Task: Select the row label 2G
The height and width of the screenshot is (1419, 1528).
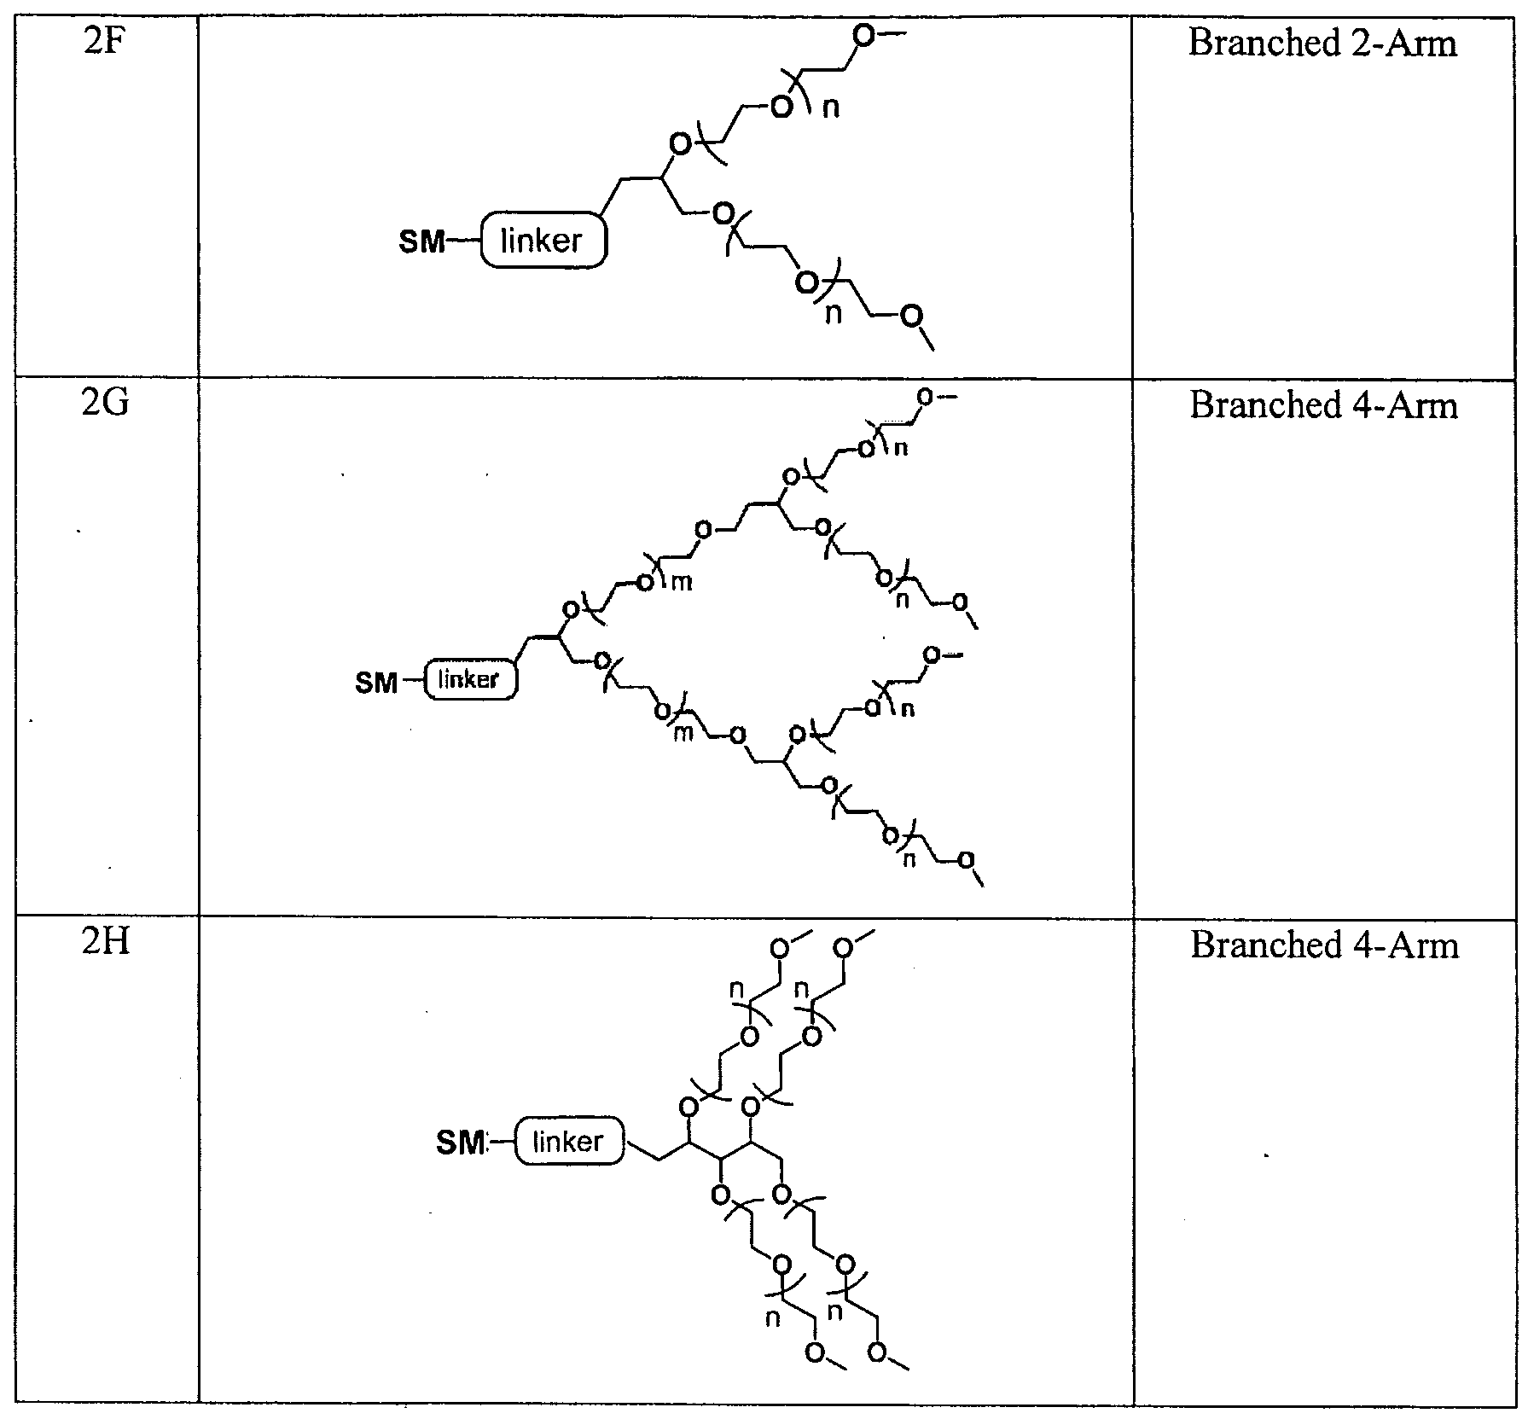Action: [106, 402]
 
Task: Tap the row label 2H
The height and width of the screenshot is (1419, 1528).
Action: [106, 943]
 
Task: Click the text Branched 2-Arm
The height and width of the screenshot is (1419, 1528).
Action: [1323, 43]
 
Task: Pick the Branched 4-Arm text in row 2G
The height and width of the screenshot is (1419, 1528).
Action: [1324, 404]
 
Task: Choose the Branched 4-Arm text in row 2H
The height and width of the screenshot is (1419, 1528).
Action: [1324, 945]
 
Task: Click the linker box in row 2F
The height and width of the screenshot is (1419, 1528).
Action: [543, 241]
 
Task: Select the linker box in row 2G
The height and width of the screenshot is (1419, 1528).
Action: [470, 680]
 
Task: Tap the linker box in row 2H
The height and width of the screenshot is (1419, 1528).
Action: [569, 1141]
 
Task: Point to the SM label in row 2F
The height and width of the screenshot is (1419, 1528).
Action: [422, 242]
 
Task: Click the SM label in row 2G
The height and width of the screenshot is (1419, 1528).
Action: [376, 683]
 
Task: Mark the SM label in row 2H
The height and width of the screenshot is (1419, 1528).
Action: [460, 1143]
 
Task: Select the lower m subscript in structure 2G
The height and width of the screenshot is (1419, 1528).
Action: [683, 733]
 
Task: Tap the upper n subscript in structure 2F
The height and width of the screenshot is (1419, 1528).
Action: [829, 108]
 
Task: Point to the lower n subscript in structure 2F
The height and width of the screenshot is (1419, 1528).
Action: [833, 313]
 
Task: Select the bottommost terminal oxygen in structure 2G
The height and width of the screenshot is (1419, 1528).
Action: [966, 860]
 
